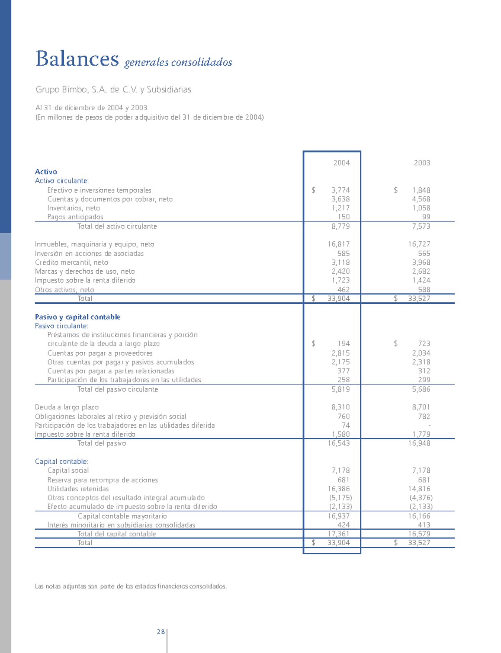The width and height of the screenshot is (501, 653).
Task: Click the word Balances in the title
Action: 77,58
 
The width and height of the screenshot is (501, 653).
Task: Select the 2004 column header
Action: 341,163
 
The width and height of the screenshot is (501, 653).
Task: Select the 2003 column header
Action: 422,163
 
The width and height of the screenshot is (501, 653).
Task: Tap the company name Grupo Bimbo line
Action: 113,89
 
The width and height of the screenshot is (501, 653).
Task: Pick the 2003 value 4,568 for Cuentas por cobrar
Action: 421,199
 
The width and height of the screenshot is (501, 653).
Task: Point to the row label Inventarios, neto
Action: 73,208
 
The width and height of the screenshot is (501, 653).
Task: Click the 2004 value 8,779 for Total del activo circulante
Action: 341,226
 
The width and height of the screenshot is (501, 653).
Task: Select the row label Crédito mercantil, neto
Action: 71,263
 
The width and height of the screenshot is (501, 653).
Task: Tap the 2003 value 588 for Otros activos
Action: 424,290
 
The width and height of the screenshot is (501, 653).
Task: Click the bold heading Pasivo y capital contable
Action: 78,317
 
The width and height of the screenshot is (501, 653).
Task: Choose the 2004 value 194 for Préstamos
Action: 344,344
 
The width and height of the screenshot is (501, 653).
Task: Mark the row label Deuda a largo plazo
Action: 67,407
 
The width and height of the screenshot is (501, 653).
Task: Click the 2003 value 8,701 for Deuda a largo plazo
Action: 421,407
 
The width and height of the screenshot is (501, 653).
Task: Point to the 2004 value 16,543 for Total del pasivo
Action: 339,443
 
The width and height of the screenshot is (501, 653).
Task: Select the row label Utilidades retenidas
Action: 78,489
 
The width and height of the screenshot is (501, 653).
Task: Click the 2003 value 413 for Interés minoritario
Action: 424,525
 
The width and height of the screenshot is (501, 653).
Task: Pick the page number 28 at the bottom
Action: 161,632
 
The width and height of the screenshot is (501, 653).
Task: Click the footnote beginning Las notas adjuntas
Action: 131,587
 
